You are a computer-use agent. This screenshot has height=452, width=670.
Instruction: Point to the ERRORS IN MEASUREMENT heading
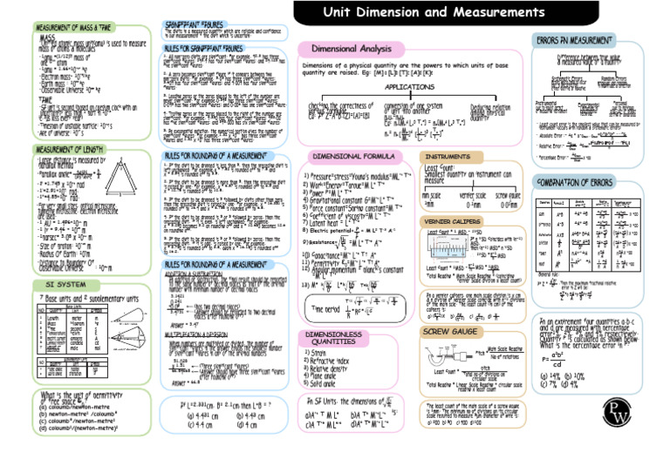pos(572,39)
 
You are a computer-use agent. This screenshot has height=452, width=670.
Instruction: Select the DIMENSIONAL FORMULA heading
pos(358,156)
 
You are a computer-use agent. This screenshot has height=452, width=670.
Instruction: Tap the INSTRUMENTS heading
pos(450,157)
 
